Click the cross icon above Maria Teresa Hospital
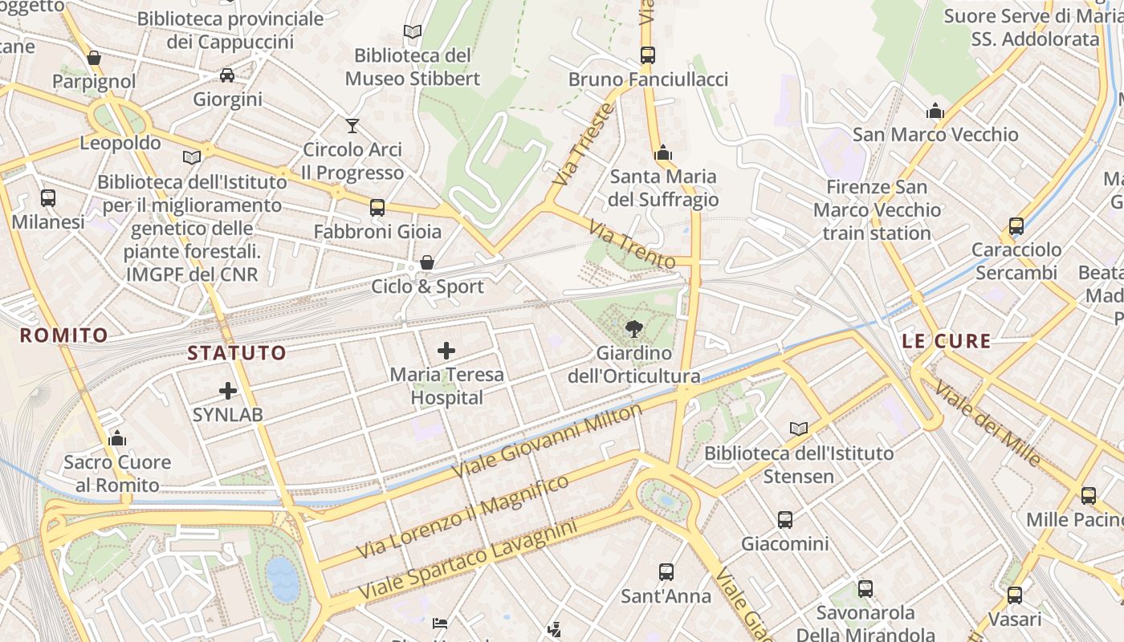446,351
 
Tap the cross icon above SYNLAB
228,391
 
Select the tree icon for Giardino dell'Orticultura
634,328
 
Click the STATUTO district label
237,353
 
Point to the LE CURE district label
947,341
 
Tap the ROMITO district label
64,335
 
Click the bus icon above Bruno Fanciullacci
648,55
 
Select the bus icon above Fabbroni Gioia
377,208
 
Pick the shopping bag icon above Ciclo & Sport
427,262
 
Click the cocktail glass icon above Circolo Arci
352,125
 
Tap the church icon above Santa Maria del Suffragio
663,152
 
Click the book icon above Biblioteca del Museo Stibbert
413,32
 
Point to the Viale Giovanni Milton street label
548,441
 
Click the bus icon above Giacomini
785,520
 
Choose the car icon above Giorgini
227,75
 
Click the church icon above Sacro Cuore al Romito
117,438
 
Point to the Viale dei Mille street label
988,423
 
